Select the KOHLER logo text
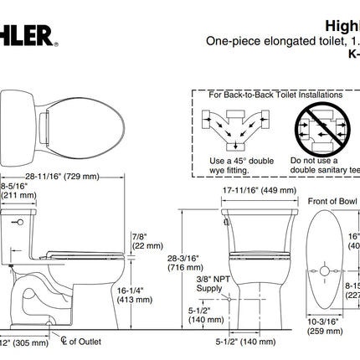25,34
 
